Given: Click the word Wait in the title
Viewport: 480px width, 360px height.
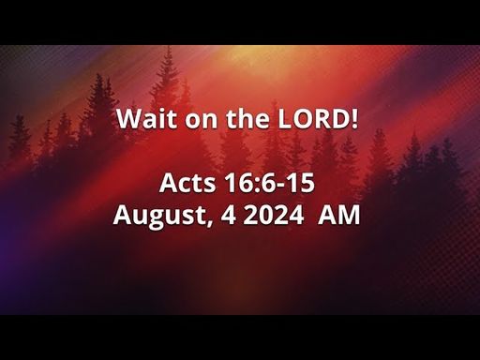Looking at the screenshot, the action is coord(146,118).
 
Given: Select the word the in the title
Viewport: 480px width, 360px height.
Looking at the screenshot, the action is coord(247,118).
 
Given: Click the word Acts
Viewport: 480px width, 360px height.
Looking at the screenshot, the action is coord(187,183).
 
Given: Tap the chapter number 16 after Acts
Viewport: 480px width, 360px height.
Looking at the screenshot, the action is coord(237,183).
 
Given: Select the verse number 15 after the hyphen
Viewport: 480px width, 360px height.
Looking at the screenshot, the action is coord(301,183).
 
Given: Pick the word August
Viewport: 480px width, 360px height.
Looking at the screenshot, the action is coord(159,217).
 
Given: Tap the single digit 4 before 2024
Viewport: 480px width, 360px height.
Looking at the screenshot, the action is coord(229,215).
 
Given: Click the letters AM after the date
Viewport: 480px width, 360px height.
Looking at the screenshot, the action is coord(339,215).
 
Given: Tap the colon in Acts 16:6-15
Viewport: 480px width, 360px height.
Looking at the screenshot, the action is coord(255,186).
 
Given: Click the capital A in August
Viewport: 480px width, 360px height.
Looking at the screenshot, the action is coord(123,215).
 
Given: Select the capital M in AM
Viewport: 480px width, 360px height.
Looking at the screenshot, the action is coord(349,215).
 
